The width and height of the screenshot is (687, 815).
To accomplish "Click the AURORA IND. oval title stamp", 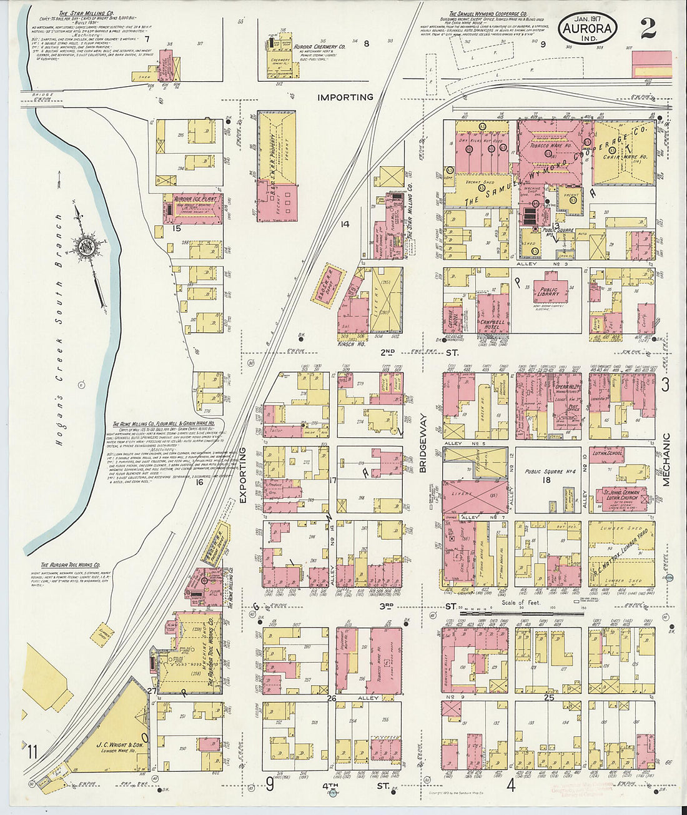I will pos(587,28).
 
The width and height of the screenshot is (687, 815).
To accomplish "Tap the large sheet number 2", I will pos(648,28).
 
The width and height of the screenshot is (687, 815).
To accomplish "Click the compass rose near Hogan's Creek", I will pos(83,246).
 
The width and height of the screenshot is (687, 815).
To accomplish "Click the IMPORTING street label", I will pos(345,97).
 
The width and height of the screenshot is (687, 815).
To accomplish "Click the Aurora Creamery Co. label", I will pos(320,47).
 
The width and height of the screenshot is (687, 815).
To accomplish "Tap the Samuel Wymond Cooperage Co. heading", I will pos(488,13).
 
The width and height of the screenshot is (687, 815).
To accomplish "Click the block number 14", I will pos(344,224).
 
